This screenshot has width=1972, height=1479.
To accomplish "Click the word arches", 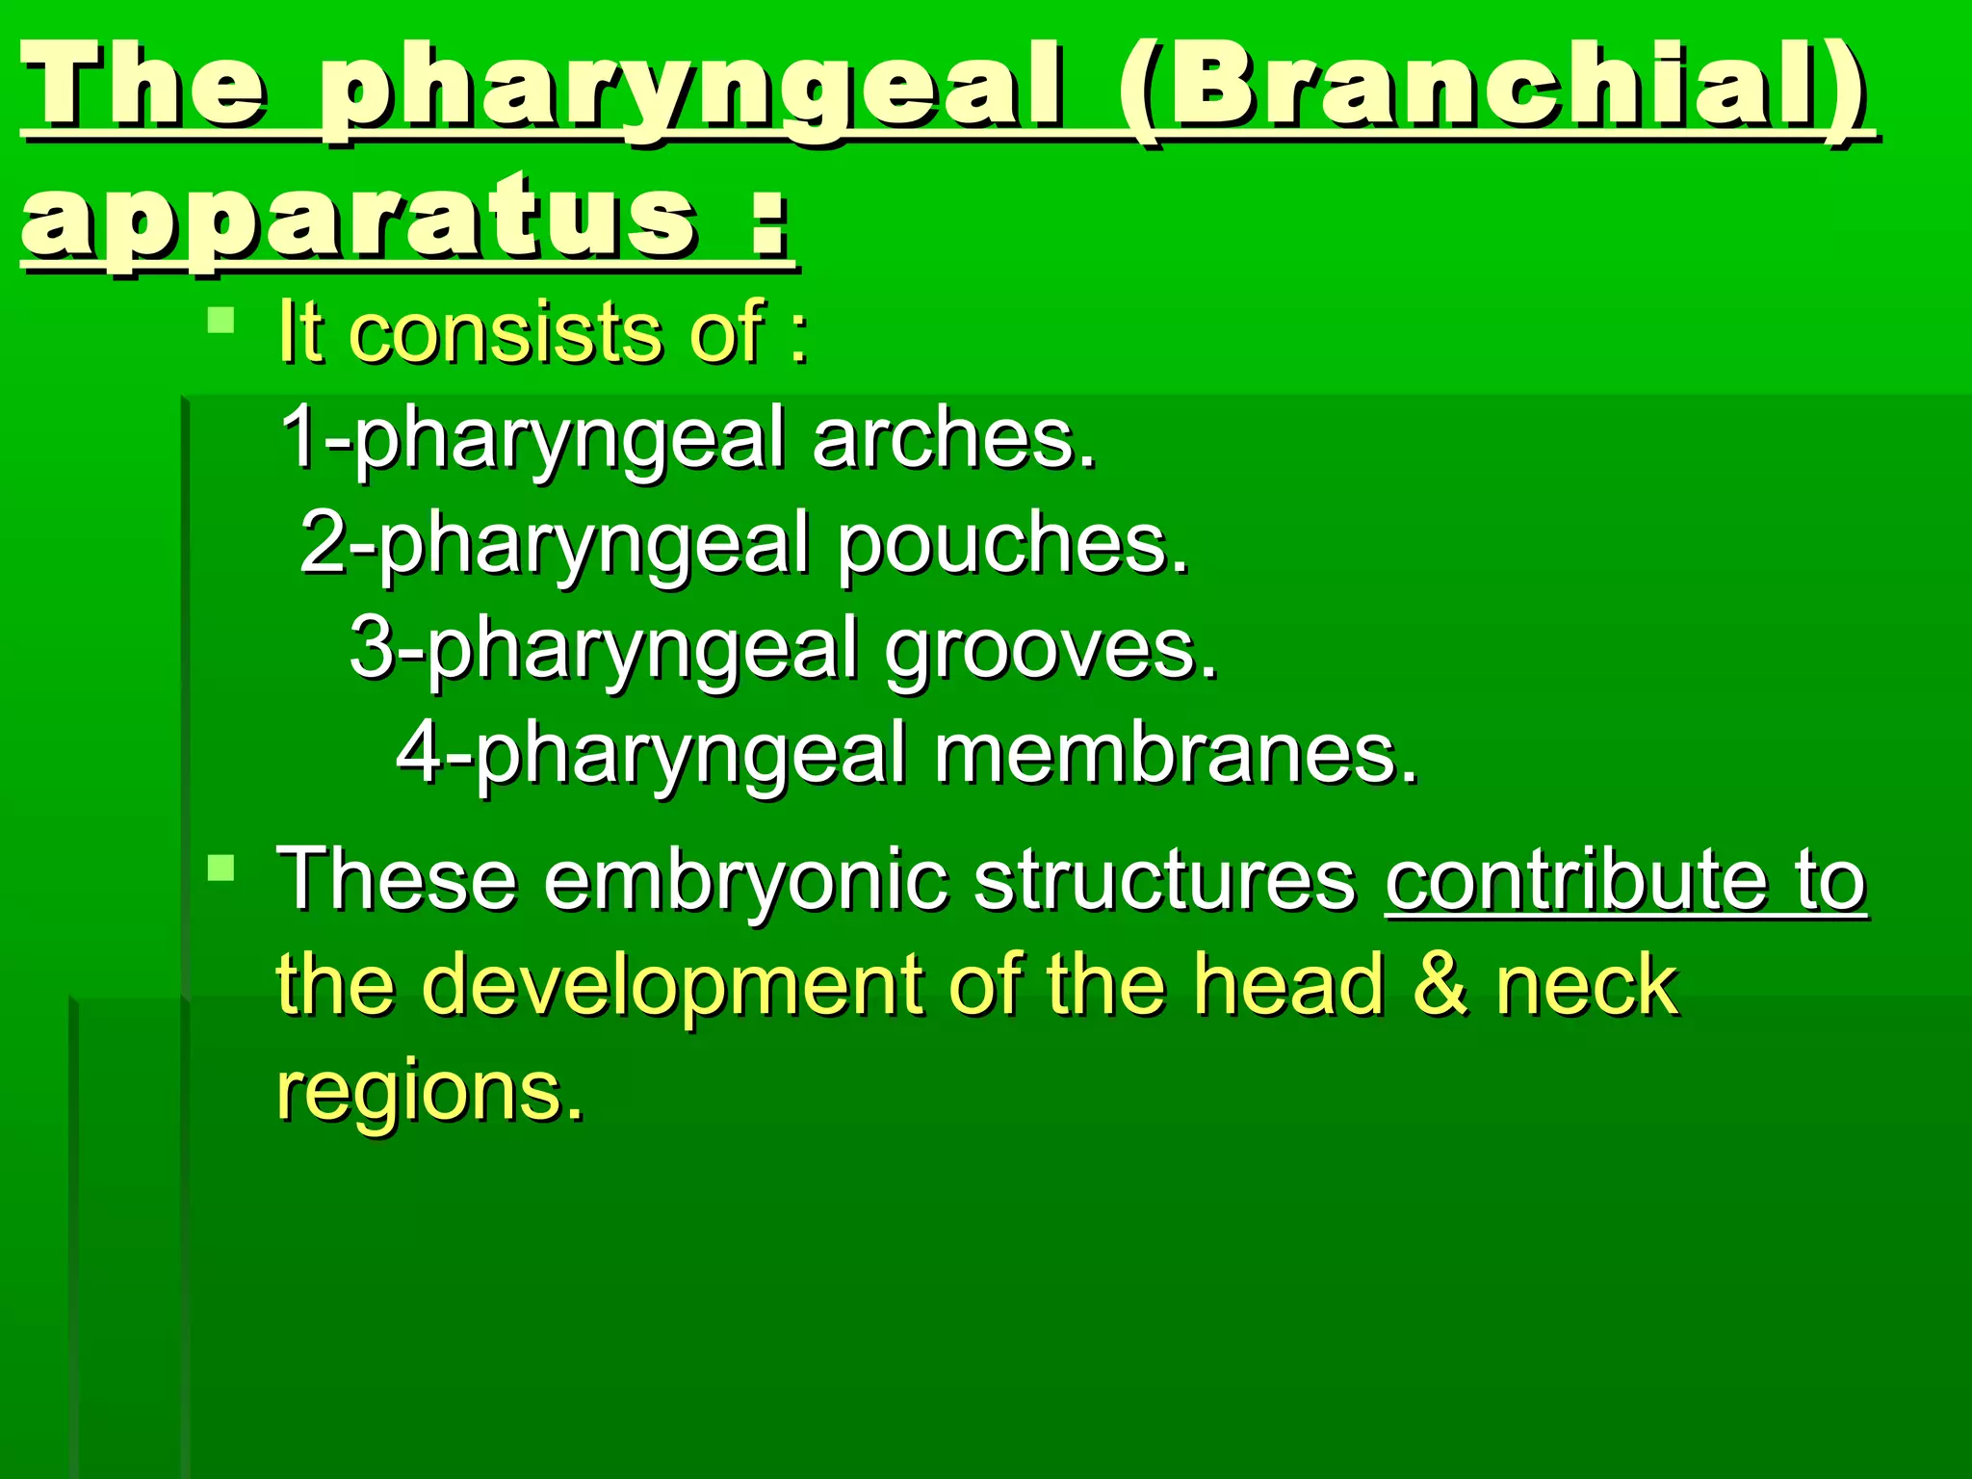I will (953, 438).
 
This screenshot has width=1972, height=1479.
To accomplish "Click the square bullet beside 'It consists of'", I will (221, 320).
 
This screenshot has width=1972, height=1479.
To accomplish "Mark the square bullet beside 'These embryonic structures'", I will (221, 868).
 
